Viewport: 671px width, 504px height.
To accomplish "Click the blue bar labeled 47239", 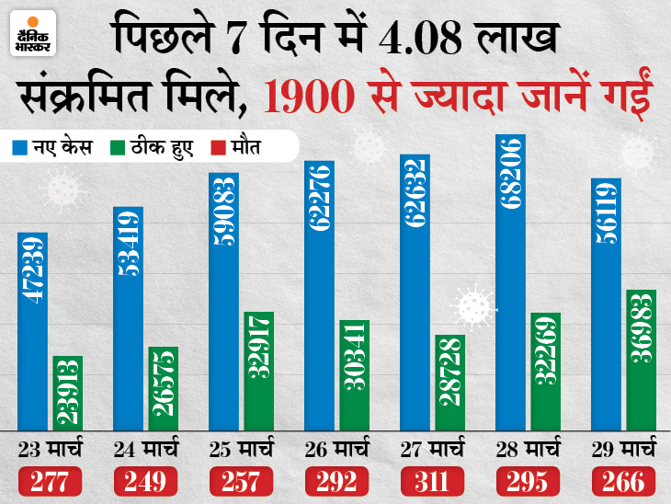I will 32,331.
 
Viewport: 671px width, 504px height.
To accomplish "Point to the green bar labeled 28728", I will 449,383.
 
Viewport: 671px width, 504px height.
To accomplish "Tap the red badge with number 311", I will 431,480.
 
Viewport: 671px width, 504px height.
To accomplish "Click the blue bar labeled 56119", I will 606,304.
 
